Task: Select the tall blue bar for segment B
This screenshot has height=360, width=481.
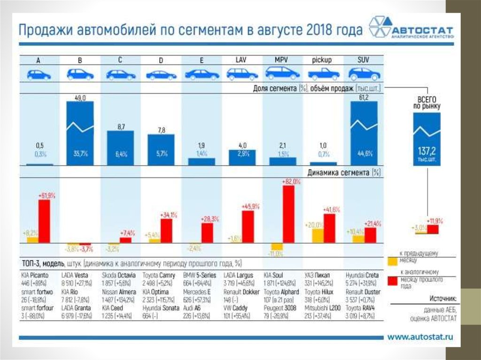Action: point(80,134)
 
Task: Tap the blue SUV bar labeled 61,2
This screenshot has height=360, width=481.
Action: point(364,134)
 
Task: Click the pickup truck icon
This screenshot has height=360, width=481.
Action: point(323,74)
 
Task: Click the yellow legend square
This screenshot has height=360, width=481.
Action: point(393,261)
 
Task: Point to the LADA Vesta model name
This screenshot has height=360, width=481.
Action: point(77,275)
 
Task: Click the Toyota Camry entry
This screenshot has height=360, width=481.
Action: point(159,275)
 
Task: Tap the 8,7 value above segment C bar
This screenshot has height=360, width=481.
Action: point(120,127)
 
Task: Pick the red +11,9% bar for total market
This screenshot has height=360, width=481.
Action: point(432,229)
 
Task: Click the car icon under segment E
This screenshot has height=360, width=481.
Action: point(202,74)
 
